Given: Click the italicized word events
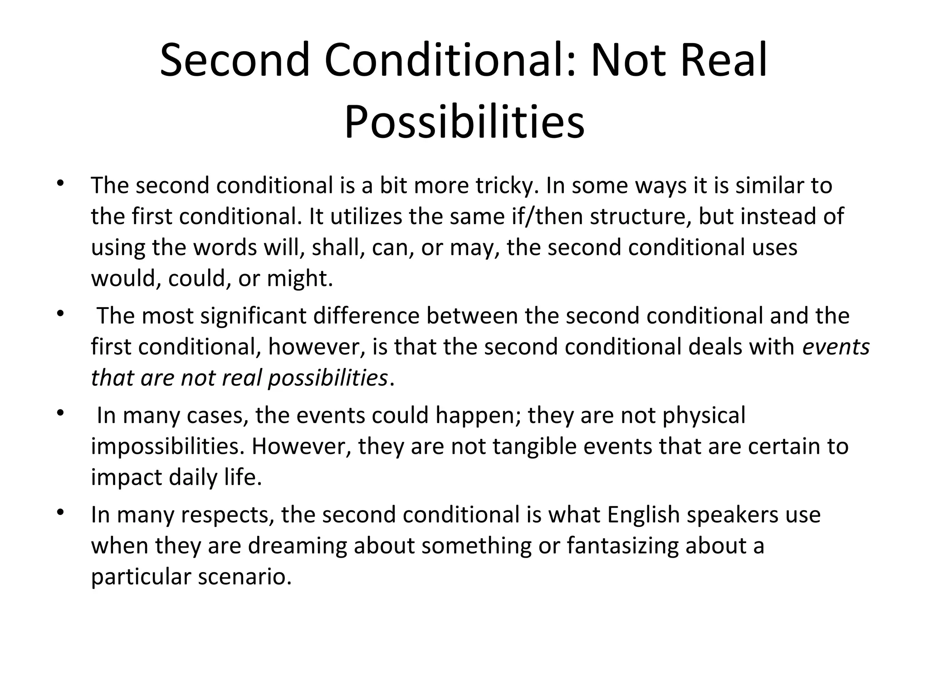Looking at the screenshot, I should pyautogui.click(x=836, y=347).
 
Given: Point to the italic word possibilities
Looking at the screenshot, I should pyautogui.click(x=328, y=378).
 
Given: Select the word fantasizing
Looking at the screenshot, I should pyautogui.click(x=622, y=545).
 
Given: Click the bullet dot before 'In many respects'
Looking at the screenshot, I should pyautogui.click(x=59, y=513).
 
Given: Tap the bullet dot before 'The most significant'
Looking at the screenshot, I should pyautogui.click(x=59, y=314).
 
